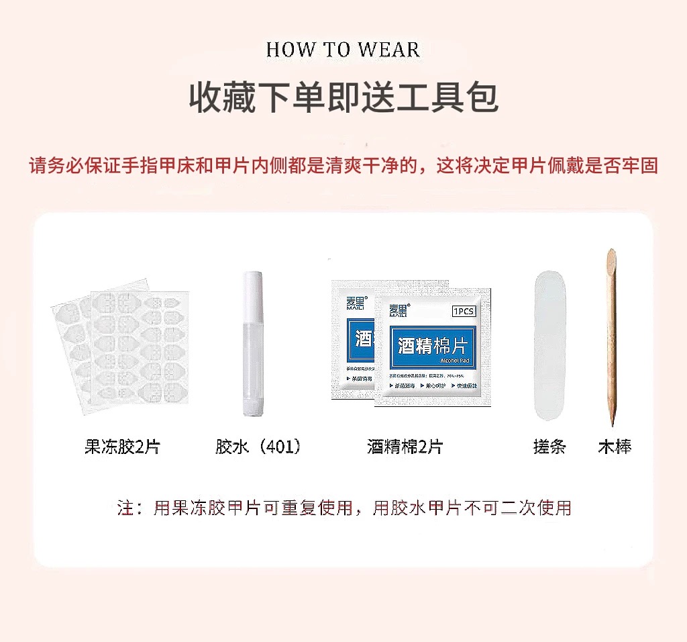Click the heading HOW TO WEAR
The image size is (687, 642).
(x=343, y=50)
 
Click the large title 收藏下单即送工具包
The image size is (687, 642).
(x=343, y=98)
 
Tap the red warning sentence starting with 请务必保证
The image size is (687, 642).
(x=343, y=165)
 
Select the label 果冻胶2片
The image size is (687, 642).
(x=122, y=447)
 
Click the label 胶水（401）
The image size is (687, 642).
(x=258, y=447)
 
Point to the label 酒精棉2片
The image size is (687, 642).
(x=405, y=447)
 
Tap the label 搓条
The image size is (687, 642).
(x=549, y=447)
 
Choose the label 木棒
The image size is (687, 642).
(x=615, y=447)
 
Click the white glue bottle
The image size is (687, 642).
(x=252, y=349)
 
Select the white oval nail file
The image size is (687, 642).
(x=549, y=346)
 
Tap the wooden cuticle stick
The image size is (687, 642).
(x=611, y=336)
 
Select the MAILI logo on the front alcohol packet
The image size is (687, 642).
(x=400, y=310)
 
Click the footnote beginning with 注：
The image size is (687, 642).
(x=344, y=508)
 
